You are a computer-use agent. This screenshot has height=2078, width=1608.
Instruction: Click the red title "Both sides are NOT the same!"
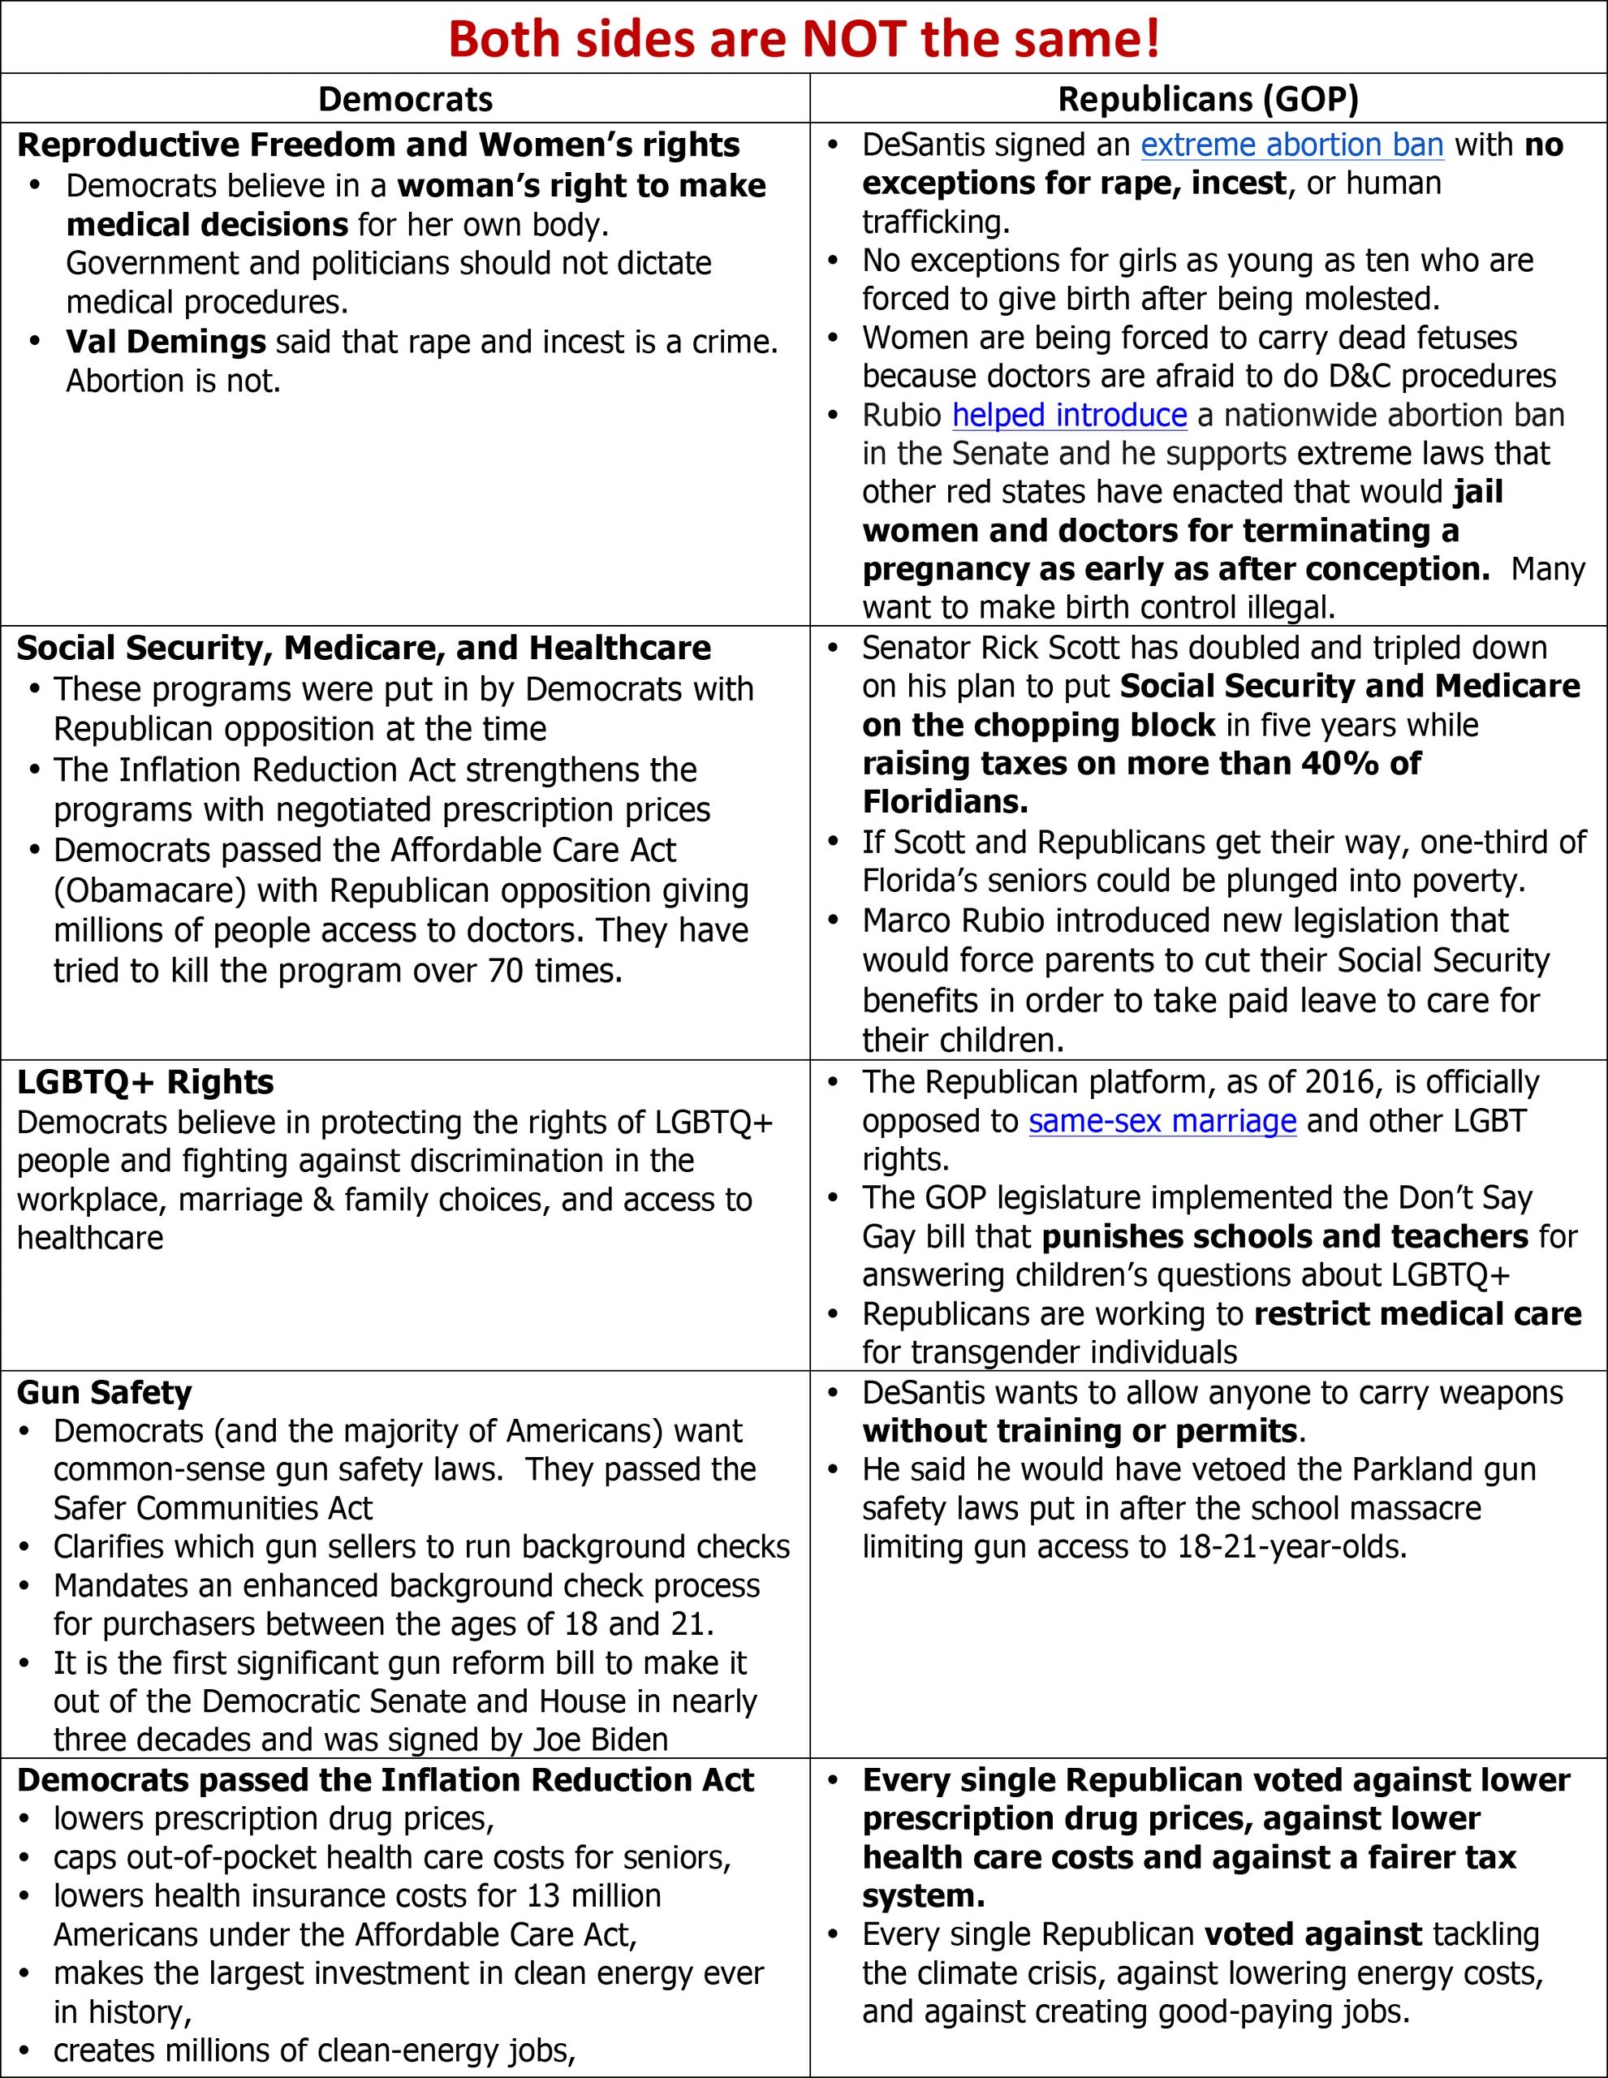click(x=804, y=39)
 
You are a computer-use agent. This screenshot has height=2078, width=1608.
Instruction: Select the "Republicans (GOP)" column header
click(x=1209, y=99)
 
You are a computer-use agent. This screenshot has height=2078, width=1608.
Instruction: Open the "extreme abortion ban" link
click(x=1292, y=144)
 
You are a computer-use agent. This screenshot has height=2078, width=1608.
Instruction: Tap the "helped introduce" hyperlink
click(x=1070, y=415)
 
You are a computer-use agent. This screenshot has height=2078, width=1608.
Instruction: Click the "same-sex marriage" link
click(x=1162, y=1121)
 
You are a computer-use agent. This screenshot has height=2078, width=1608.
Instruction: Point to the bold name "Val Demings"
click(x=166, y=342)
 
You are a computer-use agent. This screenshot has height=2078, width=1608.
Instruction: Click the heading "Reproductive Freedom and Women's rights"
click(x=379, y=144)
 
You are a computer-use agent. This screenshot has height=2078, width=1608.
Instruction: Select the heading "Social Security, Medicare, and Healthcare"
click(x=364, y=648)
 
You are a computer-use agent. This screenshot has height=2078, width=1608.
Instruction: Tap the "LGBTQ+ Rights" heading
click(x=145, y=1082)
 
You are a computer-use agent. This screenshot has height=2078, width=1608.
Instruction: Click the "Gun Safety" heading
click(x=105, y=1392)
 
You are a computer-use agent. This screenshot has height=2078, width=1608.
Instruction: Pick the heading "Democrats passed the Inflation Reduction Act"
click(x=386, y=1779)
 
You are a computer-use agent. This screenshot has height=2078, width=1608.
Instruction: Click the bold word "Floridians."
click(x=945, y=802)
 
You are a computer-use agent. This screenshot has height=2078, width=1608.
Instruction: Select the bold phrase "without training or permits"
click(x=1080, y=1431)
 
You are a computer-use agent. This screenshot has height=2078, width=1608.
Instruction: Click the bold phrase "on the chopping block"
click(x=1039, y=725)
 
